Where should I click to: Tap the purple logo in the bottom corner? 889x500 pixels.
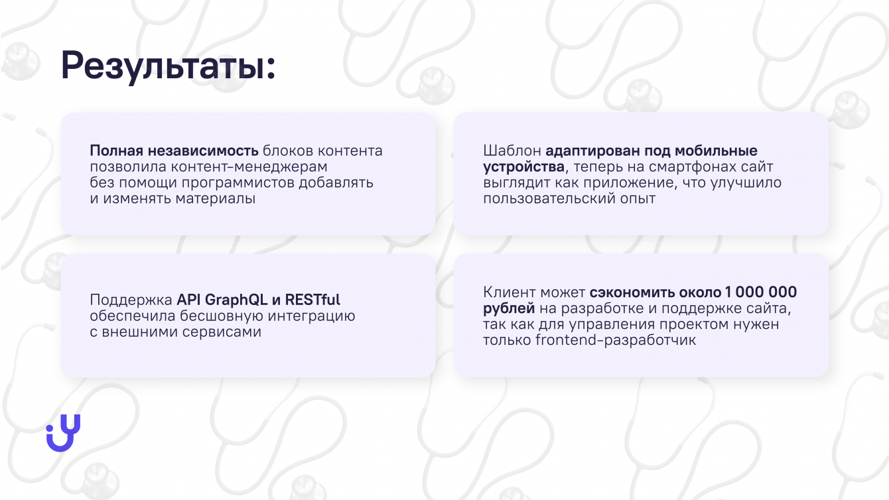pos(64,433)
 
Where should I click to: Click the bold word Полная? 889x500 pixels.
pos(116,151)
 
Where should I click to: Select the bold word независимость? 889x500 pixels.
pos(203,151)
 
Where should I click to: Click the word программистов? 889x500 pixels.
pos(238,183)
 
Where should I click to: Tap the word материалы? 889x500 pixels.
pos(215,198)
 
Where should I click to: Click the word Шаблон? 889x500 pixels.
pos(512,151)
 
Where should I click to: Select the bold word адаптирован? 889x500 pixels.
pos(592,151)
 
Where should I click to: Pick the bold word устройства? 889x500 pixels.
pos(523,166)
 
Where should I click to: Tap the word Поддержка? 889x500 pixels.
pos(131,300)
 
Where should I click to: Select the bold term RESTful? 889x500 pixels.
pos(312,300)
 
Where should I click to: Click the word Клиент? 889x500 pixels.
pos(510,292)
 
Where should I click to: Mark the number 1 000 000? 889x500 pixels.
pos(761,292)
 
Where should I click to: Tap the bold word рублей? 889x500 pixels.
pos(509,309)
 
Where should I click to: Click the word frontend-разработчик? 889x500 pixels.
pos(616,340)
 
